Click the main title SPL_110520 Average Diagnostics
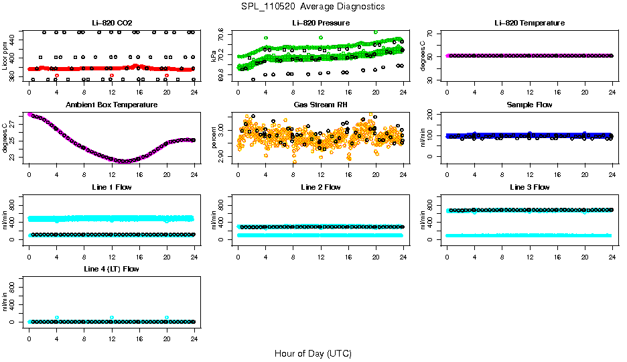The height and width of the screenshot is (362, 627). (x=313, y=6)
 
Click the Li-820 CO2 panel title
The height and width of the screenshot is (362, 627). (x=111, y=23)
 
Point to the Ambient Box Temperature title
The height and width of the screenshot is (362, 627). (x=111, y=105)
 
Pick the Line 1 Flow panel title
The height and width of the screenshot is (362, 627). (x=111, y=187)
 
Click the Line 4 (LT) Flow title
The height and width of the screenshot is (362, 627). (x=111, y=269)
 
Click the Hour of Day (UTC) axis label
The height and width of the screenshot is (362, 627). (x=313, y=353)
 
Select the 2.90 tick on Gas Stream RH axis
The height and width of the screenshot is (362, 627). (x=224, y=156)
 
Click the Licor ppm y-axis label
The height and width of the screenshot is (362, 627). (x=5, y=55)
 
